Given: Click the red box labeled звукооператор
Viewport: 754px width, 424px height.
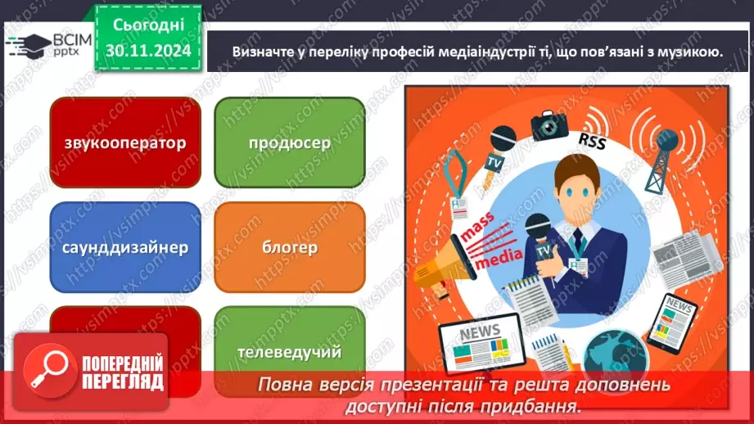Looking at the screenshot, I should [124, 142].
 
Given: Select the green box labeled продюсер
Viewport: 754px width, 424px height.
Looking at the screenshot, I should [289, 142].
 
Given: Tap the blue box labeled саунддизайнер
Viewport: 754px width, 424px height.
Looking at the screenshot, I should [124, 246].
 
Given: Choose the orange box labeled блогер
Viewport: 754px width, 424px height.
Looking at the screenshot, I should [289, 246].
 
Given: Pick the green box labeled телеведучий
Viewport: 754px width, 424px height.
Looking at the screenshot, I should [289, 351].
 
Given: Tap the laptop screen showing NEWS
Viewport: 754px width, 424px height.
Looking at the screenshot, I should [478, 342].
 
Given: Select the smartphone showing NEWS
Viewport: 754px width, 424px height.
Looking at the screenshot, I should [680, 323].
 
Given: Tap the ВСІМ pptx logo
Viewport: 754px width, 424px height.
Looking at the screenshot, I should [41, 43].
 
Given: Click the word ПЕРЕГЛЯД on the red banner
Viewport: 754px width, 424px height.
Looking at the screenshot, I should [122, 381].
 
